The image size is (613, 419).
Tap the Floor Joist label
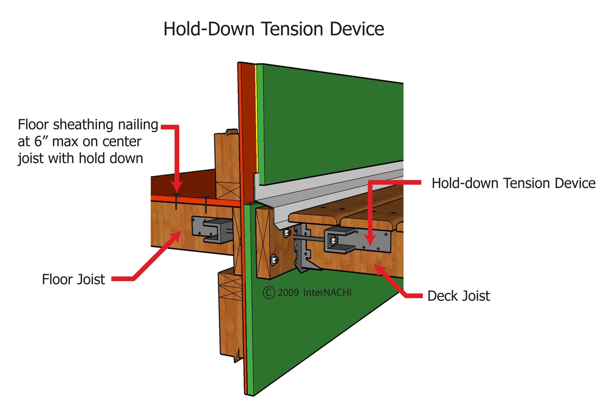tap(73, 279)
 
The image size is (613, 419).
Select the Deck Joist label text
tap(458, 296)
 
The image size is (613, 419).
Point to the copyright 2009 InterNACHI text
tap(308, 293)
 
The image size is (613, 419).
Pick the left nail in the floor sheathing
tap(176, 202)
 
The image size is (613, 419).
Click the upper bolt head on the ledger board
tap(287, 233)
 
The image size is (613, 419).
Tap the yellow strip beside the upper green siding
tap(256, 119)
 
